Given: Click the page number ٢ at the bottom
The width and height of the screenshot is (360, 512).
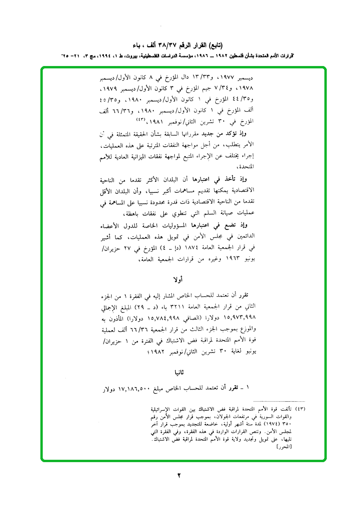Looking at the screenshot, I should click(180, 475).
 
